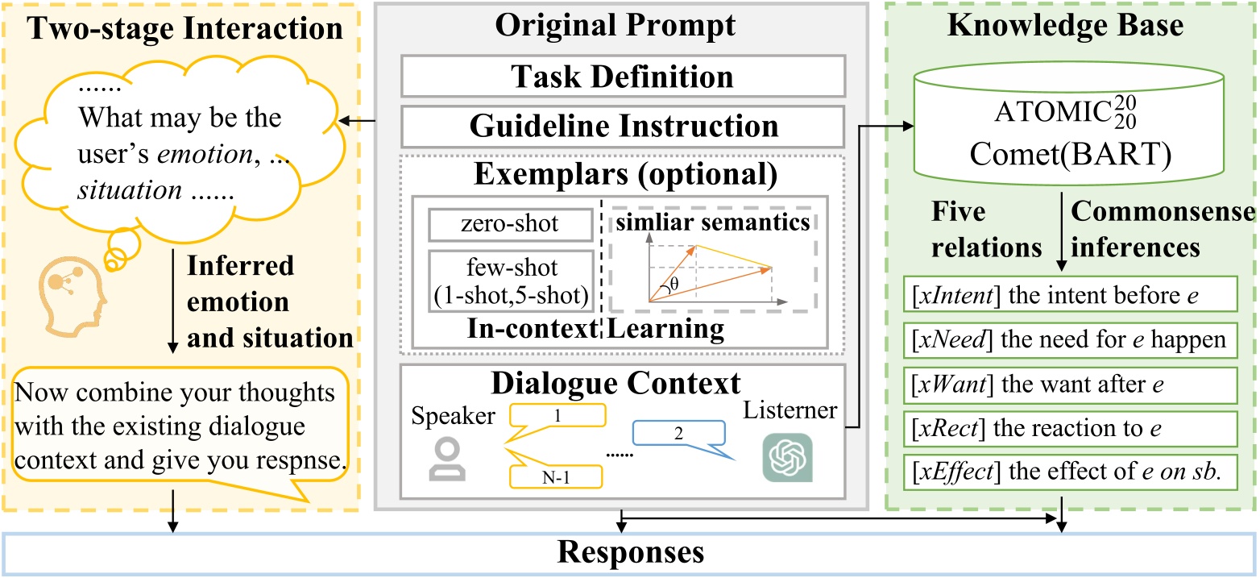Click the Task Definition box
pyautogui.click(x=622, y=77)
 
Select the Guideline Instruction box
pyautogui.click(x=622, y=127)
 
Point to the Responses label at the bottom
pyautogui.click(x=630, y=554)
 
